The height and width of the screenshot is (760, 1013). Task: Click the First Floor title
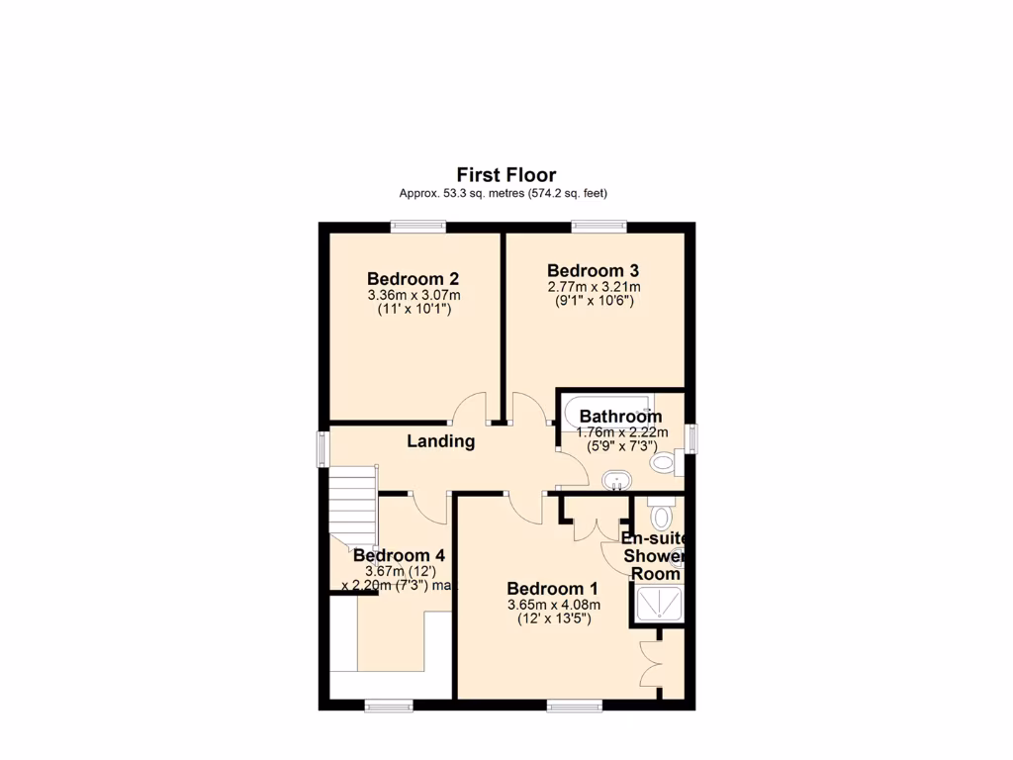click(x=506, y=175)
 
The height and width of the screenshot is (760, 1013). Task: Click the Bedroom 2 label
click(x=413, y=278)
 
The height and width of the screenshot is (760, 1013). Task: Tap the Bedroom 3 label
click(x=593, y=270)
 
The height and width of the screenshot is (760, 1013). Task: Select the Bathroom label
click(x=620, y=417)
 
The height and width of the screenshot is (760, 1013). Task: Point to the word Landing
click(x=441, y=441)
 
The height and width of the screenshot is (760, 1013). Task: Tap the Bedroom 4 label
click(x=392, y=556)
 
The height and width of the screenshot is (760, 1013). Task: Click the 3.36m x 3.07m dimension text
click(x=414, y=295)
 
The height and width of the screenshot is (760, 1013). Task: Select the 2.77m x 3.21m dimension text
click(x=594, y=287)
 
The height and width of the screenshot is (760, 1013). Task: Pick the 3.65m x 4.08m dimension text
click(x=553, y=605)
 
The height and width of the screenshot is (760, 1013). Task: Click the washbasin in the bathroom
click(x=616, y=482)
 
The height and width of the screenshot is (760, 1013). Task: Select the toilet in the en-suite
click(x=661, y=516)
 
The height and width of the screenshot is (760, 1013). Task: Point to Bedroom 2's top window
click(x=416, y=227)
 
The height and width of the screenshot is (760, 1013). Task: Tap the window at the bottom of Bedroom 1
click(x=574, y=706)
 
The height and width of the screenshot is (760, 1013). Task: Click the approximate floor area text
click(x=503, y=193)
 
